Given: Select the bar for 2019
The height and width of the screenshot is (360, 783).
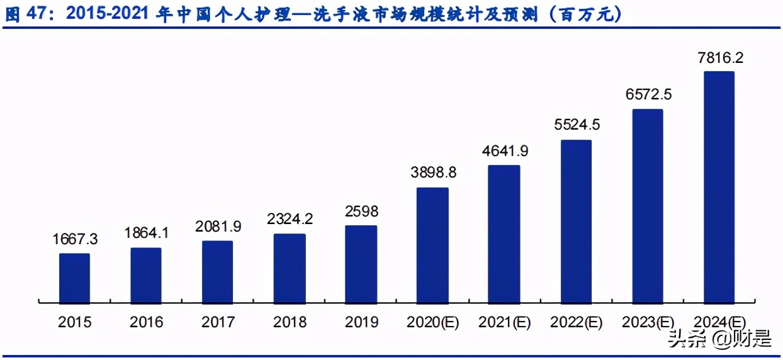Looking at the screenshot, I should pos(361,264).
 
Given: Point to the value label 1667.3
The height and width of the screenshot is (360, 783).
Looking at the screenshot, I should pos(75,240).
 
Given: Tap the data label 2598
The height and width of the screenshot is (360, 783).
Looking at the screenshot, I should pos(361,212).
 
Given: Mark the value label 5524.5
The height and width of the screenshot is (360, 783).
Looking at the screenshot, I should pos(576,125).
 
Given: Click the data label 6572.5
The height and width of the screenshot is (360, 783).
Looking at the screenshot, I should pos(648,94).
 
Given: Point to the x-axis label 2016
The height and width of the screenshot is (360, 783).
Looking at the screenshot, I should pos(146,322).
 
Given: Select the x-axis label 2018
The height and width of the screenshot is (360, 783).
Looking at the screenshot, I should pos(290,322).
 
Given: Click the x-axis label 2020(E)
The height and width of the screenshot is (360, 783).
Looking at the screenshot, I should pos(433,322).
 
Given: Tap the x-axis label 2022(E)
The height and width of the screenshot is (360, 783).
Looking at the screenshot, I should pos(576,322).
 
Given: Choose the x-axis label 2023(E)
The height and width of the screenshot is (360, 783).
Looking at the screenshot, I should pos(648,322).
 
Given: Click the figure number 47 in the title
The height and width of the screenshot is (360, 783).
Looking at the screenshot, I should pos(41,14).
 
